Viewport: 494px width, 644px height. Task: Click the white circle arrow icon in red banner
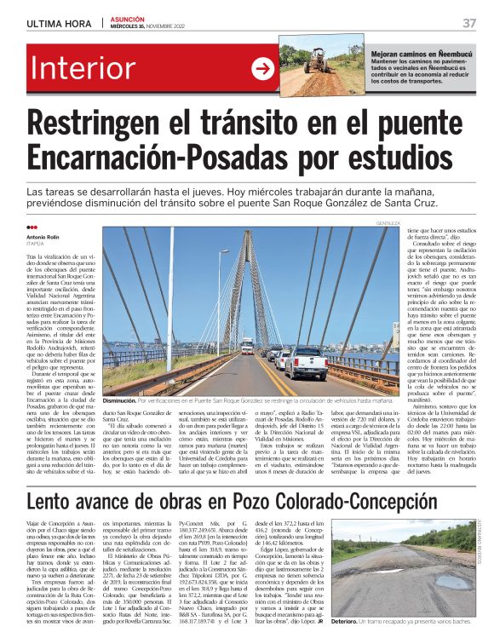click(261, 70)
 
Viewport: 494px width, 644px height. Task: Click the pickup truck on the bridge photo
click(305, 362)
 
